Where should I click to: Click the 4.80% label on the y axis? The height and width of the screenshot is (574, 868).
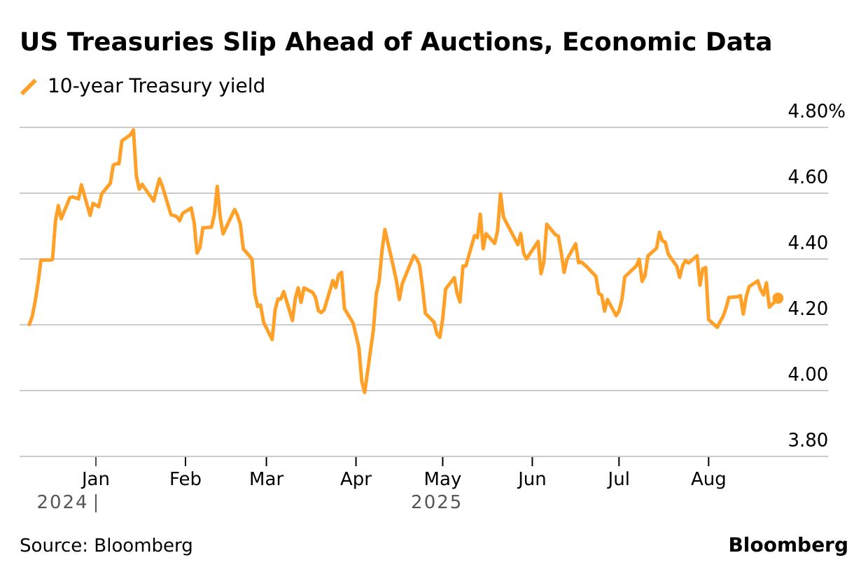[x=816, y=111]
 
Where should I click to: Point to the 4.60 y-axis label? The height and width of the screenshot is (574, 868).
[x=808, y=177]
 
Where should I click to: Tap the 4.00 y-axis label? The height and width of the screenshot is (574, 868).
[x=808, y=374]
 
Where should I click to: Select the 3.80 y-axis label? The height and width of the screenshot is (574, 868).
[x=808, y=440]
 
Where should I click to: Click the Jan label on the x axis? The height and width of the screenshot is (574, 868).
[x=95, y=479]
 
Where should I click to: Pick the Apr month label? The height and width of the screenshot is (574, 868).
[x=356, y=479]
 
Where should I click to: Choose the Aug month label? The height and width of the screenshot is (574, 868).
[x=708, y=479]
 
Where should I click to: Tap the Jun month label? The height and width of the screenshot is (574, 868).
[x=532, y=479]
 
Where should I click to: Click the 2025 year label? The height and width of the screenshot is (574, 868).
[x=436, y=503]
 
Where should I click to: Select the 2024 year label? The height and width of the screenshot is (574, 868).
[x=62, y=503]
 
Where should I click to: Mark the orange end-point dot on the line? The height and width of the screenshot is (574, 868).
[x=778, y=298]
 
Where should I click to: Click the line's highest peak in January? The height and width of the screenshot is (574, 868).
[x=133, y=130]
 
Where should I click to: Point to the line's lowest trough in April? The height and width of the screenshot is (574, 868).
[x=365, y=392]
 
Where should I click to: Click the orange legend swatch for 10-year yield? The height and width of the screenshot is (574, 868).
[x=29, y=87]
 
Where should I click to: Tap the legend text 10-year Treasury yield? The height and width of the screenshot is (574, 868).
[x=156, y=86]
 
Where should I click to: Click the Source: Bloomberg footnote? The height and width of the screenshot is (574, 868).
[x=106, y=545]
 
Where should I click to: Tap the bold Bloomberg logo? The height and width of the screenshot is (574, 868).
[x=787, y=545]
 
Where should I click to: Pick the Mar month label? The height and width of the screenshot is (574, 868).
[x=267, y=479]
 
